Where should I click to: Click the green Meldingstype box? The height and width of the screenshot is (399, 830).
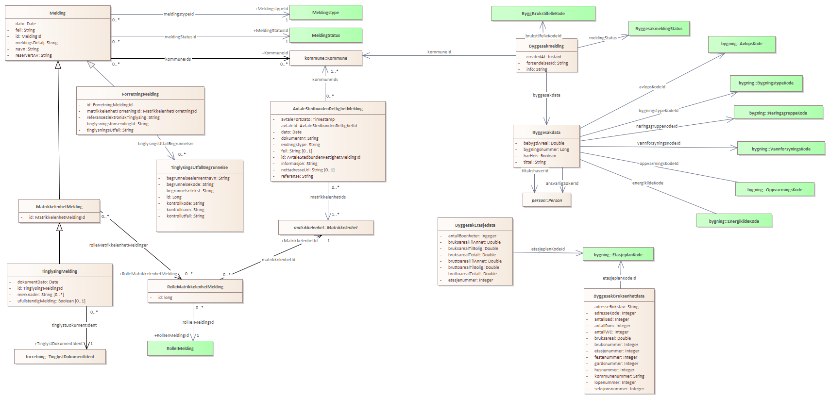(x=325, y=13)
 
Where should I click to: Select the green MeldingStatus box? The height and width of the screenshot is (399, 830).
(x=325, y=35)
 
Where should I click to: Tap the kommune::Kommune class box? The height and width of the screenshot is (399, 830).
(x=325, y=58)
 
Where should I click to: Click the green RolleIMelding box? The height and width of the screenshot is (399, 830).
(x=180, y=349)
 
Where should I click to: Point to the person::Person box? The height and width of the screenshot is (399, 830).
(x=546, y=200)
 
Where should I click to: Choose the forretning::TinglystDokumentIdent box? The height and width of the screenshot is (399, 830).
(x=60, y=357)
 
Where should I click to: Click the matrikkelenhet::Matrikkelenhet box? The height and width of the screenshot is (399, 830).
(x=325, y=227)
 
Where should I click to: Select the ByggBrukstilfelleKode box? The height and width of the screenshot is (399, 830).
(x=542, y=14)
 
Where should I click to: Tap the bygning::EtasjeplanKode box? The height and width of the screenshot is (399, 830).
(x=618, y=254)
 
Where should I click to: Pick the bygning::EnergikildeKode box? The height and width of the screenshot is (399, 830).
(x=733, y=221)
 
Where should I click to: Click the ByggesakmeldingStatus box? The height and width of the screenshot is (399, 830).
(x=659, y=29)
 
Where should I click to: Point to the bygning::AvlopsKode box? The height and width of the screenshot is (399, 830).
(x=741, y=44)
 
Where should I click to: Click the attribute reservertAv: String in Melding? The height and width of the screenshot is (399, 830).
(x=34, y=55)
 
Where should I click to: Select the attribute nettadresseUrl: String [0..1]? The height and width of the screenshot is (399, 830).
(x=307, y=170)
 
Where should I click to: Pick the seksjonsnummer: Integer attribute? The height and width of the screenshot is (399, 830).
(x=619, y=389)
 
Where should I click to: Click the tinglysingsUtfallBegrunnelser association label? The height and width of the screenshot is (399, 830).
(x=166, y=144)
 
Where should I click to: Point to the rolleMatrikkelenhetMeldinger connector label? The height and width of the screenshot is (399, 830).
(x=119, y=245)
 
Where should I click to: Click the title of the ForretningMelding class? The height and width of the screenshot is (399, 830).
(x=140, y=94)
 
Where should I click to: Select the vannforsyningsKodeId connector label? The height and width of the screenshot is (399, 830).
(x=658, y=143)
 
